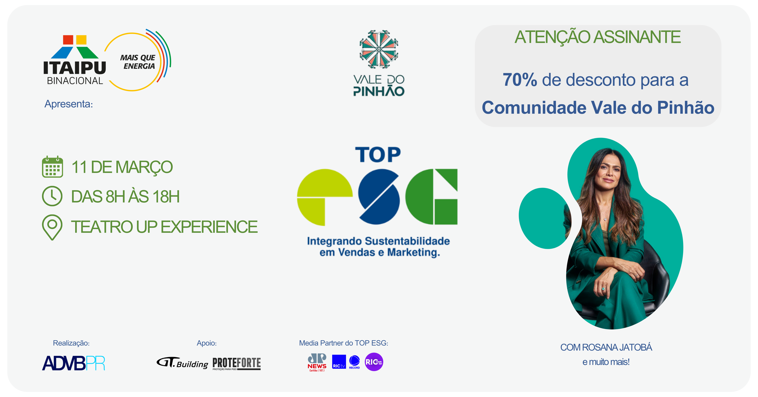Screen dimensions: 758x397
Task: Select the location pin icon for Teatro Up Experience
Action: tap(52, 227)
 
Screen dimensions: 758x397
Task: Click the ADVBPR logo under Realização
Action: tap(74, 363)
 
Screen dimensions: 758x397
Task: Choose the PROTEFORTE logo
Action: tap(237, 364)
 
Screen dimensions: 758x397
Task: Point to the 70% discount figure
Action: tap(520, 80)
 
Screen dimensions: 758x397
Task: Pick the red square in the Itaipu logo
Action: tap(68, 40)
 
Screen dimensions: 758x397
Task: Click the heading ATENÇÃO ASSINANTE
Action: tap(598, 37)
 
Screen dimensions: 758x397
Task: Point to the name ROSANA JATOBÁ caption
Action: tap(617, 347)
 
